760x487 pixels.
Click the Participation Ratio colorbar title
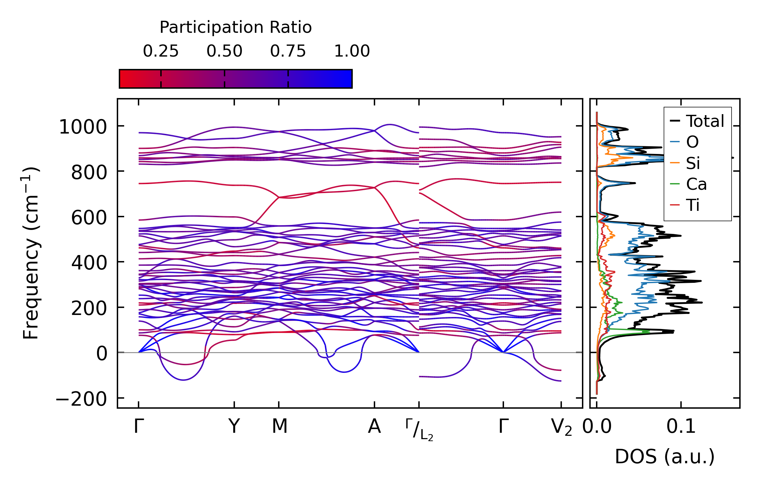(x=236, y=27)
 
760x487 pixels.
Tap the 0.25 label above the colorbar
(x=161, y=51)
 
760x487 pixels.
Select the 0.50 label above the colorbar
(x=224, y=51)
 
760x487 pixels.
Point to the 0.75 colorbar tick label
(x=288, y=51)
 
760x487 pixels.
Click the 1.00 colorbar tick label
(x=352, y=51)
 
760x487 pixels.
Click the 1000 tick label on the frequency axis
(x=83, y=128)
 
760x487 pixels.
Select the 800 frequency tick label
(x=89, y=173)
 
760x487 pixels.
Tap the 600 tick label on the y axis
(x=89, y=218)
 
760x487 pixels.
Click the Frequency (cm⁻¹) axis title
(x=31, y=253)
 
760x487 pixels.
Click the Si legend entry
(x=693, y=163)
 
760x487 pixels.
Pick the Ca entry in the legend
(x=696, y=184)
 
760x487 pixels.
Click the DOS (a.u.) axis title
(x=665, y=457)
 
